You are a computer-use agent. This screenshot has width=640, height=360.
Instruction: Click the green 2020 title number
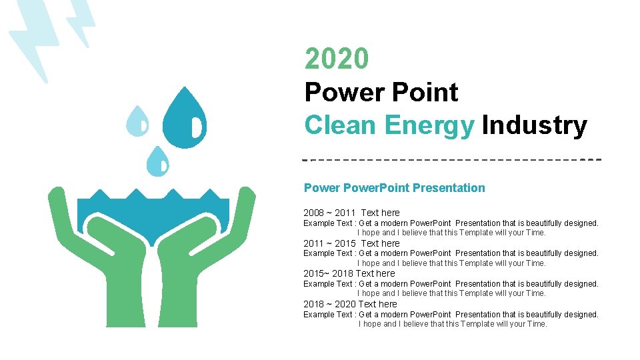pyautogui.click(x=336, y=59)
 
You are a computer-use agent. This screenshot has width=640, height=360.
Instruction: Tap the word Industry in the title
pyautogui.click(x=533, y=125)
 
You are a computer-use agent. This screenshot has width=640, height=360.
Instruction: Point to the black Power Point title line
pyautogui.click(x=381, y=92)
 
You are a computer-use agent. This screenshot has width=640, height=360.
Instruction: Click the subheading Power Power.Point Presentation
pyautogui.click(x=394, y=188)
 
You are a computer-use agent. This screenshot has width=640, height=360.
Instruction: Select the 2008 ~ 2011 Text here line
pyautogui.click(x=351, y=213)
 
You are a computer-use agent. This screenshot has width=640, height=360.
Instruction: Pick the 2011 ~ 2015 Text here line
pyautogui.click(x=351, y=243)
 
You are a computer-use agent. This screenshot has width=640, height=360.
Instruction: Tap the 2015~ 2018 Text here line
pyautogui.click(x=349, y=273)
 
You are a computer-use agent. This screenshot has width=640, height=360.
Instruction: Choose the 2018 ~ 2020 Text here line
pyautogui.click(x=350, y=304)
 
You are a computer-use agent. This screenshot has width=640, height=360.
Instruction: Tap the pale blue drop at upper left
pyautogui.click(x=138, y=122)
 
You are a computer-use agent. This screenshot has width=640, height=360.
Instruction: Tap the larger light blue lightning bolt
pyautogui.click(x=30, y=40)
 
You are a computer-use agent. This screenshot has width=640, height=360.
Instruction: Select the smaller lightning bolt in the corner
pyautogui.click(x=80, y=20)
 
